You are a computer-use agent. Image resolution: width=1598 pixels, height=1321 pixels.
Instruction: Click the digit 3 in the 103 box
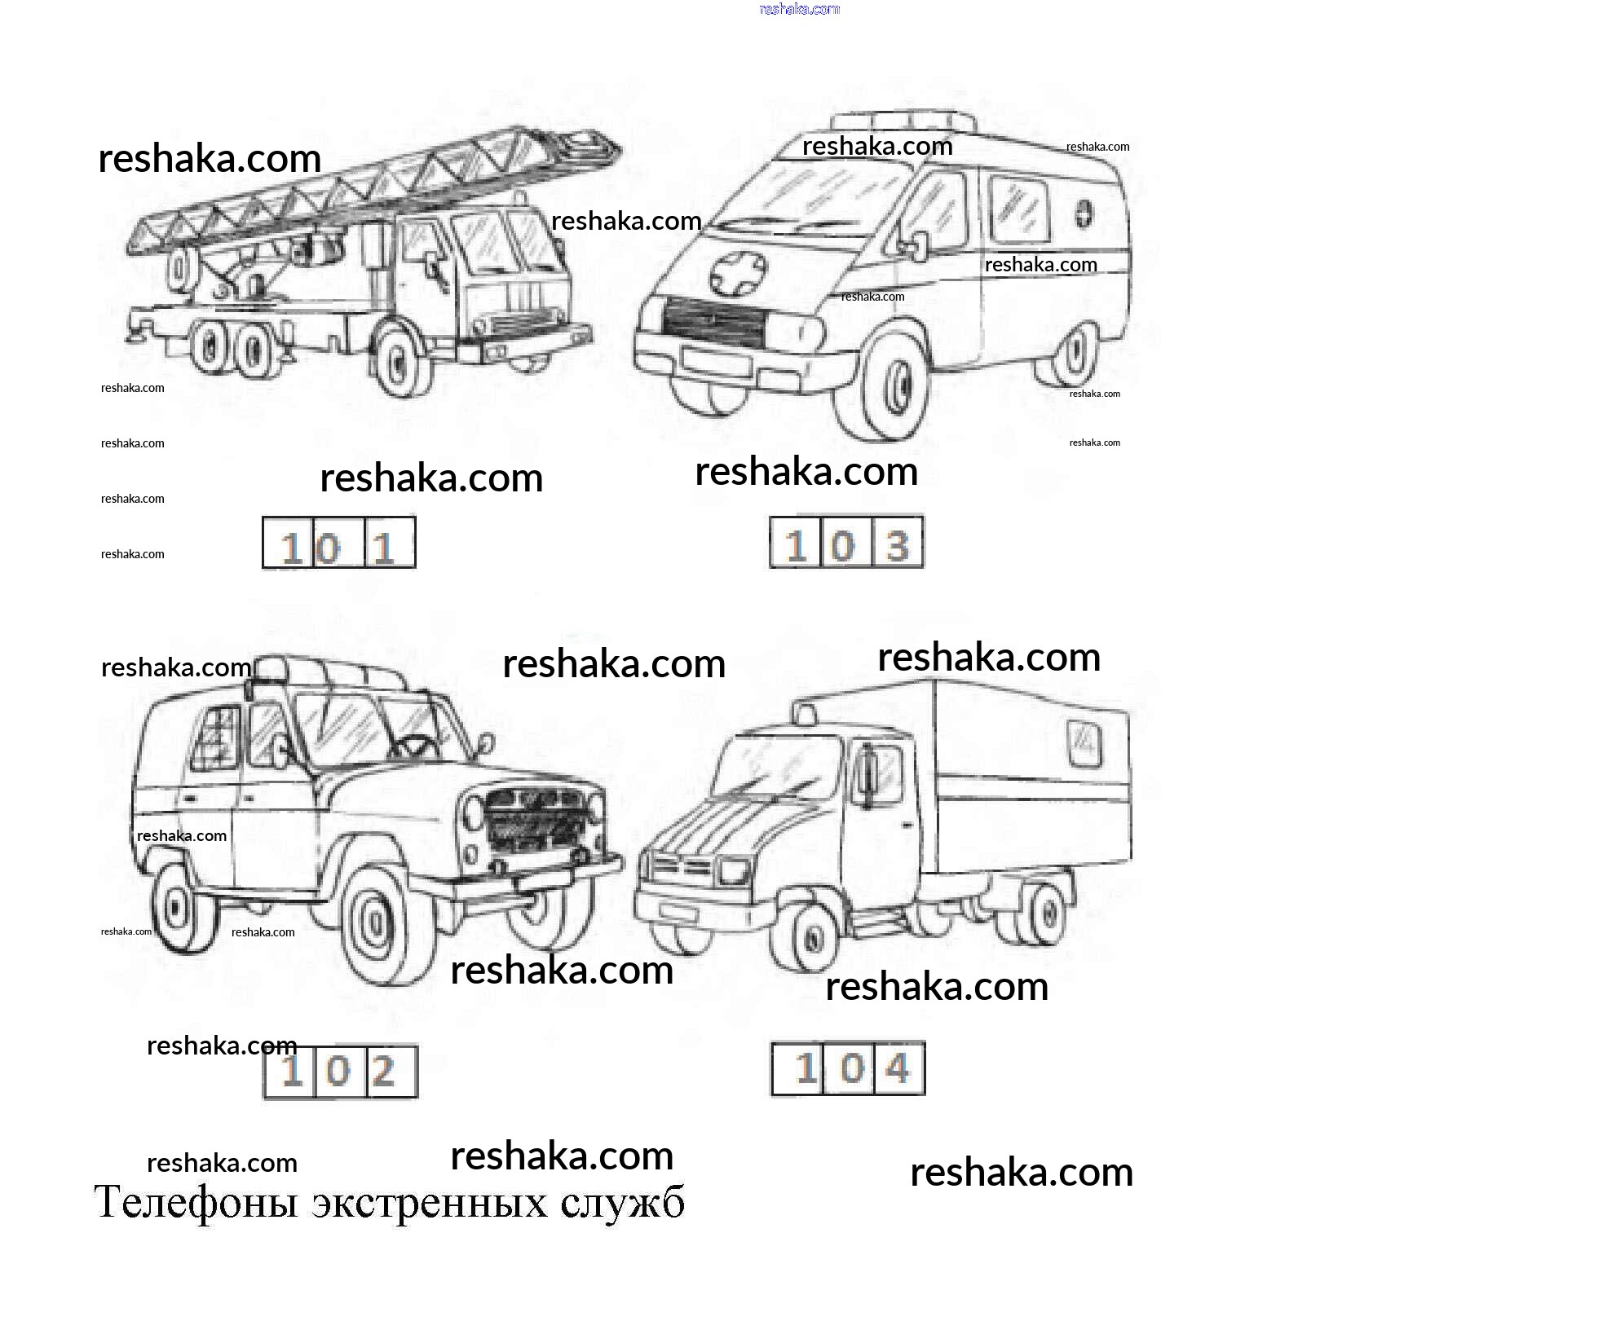[897, 545]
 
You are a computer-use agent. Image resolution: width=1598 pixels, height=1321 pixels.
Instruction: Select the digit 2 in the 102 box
[383, 1071]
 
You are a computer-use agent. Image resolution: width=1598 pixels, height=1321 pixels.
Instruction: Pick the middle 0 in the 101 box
[328, 548]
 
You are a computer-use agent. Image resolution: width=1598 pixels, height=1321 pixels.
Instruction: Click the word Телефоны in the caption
[196, 1203]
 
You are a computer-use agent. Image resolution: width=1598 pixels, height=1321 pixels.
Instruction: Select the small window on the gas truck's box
[1084, 743]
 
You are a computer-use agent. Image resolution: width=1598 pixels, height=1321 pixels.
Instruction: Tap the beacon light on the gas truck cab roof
[805, 714]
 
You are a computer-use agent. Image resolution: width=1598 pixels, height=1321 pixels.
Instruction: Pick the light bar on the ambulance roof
[903, 121]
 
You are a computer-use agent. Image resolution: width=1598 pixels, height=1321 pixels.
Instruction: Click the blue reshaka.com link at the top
[799, 9]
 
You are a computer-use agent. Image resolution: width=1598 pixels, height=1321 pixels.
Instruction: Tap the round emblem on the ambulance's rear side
[1083, 214]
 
